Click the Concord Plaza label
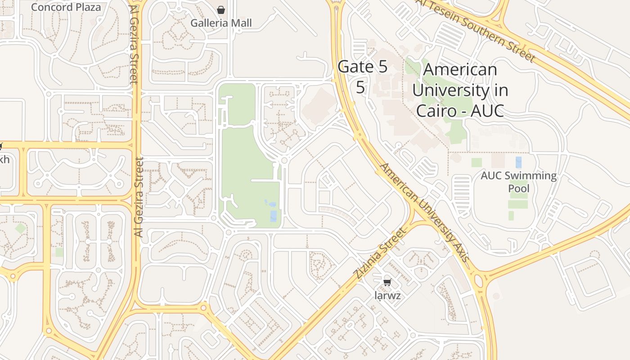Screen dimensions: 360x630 point(66,7)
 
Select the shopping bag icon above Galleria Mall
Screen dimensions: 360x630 point(221,9)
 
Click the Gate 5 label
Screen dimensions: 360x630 point(362,67)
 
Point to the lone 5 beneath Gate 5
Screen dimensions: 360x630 point(360,87)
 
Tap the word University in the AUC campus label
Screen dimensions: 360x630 point(460,90)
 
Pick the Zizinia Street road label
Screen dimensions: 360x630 point(380,253)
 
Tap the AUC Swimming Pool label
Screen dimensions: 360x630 point(518,181)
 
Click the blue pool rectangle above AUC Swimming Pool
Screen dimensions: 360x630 point(519,162)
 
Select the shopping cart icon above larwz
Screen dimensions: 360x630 point(387,282)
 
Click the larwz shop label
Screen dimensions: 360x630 point(387,296)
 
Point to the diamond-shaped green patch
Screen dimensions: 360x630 point(20,228)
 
